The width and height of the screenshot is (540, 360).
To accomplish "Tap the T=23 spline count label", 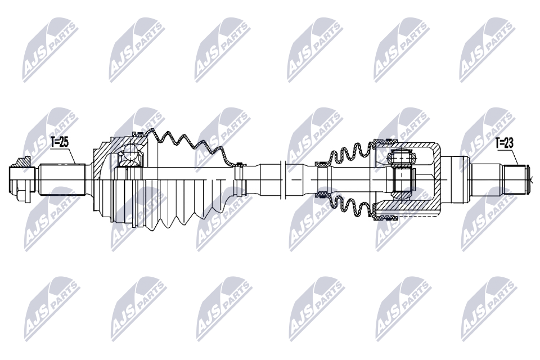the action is (504, 143).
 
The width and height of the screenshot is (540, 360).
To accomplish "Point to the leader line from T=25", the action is (71, 156).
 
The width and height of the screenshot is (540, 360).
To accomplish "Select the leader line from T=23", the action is (515, 157).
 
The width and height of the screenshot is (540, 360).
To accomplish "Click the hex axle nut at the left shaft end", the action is (20, 180).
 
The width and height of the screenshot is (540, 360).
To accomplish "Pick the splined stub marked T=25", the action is (62, 179).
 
